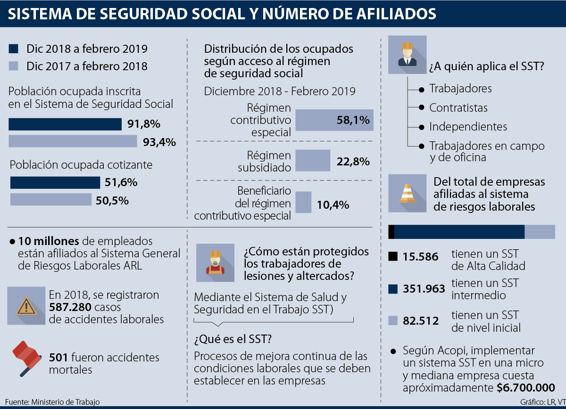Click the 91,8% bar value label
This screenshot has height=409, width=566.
point(144,124)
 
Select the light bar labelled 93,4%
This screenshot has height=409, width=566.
point(73,141)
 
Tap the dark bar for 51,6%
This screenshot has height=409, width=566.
point(55,182)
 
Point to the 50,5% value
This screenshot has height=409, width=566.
point(112,200)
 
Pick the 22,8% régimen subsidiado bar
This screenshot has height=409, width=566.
point(312,161)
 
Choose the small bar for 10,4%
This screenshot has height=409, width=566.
point(303,202)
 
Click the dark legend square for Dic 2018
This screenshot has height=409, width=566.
point(14,49)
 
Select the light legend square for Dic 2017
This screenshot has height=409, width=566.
point(14,66)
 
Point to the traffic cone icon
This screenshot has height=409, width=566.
point(407,194)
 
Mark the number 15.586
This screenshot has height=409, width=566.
point(420,257)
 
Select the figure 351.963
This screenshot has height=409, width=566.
point(424,289)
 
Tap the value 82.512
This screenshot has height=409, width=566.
point(420,321)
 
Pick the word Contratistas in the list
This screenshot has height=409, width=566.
point(458,108)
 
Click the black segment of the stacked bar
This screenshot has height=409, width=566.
point(391,232)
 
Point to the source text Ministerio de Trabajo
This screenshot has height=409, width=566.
point(66,402)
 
